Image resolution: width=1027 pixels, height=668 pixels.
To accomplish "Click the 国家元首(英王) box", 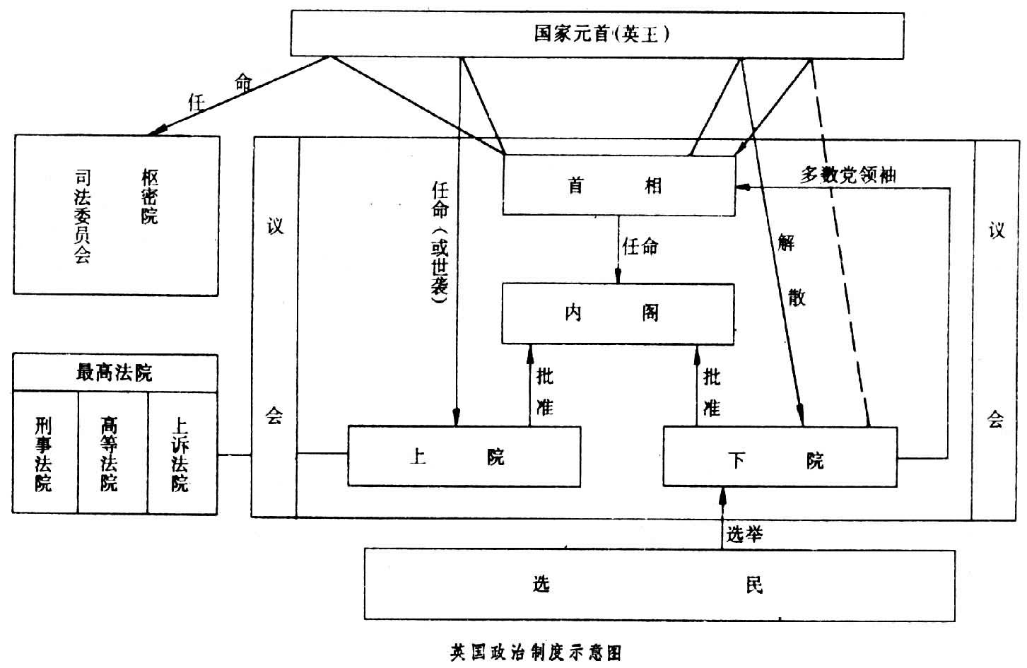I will point(597,34).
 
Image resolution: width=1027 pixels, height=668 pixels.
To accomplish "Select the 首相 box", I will point(618,185).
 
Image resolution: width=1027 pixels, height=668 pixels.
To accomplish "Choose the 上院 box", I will point(464,456).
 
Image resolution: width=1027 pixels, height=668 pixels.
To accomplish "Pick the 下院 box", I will point(780,457).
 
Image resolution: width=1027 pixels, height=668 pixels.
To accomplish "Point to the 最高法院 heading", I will point(115,373).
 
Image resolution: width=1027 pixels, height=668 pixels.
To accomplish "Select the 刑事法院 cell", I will point(45,453).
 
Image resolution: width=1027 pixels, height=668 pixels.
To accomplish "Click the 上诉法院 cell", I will point(180,453).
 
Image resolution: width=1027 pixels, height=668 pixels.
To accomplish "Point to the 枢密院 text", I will point(149,197).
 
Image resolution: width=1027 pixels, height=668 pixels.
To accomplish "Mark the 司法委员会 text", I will point(83,216).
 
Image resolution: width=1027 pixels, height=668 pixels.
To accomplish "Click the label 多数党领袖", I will point(847,175).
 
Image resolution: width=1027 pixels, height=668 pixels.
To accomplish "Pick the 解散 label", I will point(792,270).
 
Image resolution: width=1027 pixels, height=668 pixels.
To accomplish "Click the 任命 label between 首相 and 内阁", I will point(640,247).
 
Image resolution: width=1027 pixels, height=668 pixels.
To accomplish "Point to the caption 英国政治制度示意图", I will point(536,652).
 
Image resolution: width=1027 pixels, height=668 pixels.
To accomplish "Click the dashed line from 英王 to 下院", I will point(840,247).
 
